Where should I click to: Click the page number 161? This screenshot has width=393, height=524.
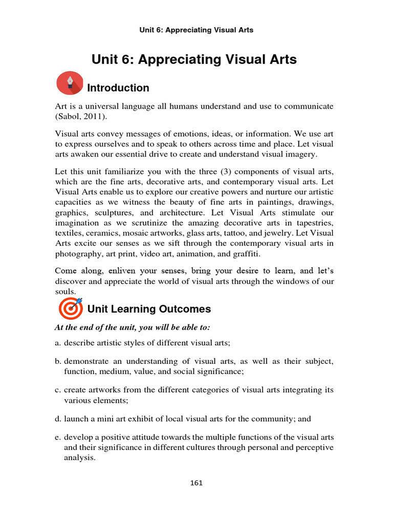click(x=196, y=483)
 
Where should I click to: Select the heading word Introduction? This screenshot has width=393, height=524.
click(x=118, y=88)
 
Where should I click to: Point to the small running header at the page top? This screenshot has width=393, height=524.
click(x=196, y=30)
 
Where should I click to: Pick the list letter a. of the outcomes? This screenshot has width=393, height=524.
click(x=58, y=343)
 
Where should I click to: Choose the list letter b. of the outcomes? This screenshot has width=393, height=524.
click(x=58, y=362)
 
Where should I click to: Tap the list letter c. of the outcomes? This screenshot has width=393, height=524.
click(x=58, y=390)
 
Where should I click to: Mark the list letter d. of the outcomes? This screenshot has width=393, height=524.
click(x=58, y=419)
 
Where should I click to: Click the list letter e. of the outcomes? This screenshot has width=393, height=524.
click(x=58, y=438)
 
